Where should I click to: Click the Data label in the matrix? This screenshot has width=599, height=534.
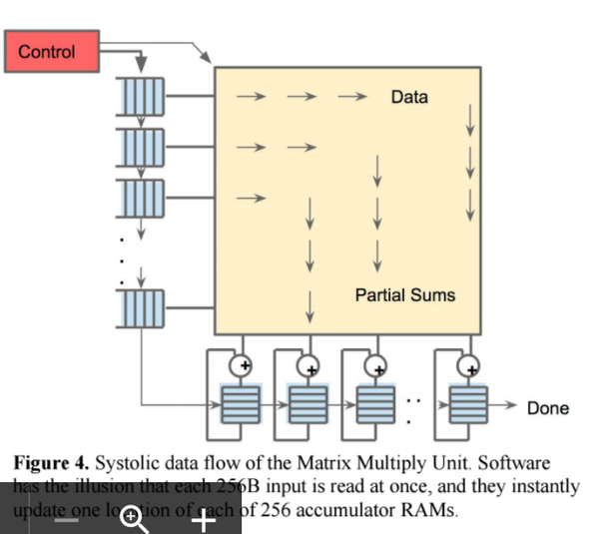[x=409, y=97]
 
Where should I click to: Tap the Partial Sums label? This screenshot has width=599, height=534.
[x=404, y=295]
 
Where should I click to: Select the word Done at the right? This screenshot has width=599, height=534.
[x=548, y=407]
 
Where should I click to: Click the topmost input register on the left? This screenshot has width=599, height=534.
[x=143, y=97]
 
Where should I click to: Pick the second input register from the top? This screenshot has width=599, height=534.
[x=143, y=148]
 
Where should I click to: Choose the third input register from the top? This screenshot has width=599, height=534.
[x=143, y=199]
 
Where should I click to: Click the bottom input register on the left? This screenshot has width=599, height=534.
[x=143, y=308]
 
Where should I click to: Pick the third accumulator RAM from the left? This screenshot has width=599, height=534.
[x=374, y=407]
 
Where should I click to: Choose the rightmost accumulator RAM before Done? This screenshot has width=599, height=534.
[x=465, y=407]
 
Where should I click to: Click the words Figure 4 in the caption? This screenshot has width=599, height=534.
[x=50, y=465]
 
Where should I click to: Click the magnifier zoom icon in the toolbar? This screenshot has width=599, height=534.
[x=131, y=518]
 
